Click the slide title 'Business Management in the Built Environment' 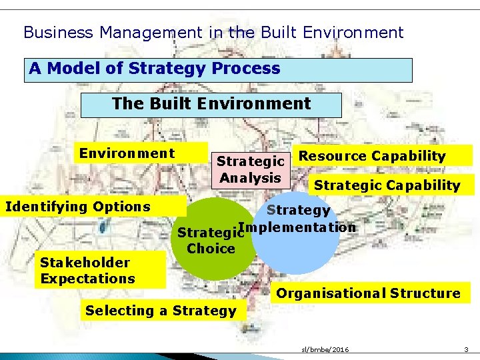pos(213,32)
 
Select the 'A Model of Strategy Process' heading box pos(218,69)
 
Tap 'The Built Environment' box pos(211,105)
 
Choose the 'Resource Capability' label pos(372,156)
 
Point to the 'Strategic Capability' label pos(387,185)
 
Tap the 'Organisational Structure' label pos(368,293)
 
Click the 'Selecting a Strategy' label pos(161,311)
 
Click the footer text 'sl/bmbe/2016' pos(325,349)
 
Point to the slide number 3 pos(467,349)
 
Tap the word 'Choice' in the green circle pos(211,249)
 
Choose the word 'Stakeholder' pos(85,262)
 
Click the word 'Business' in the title pos(53,32)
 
